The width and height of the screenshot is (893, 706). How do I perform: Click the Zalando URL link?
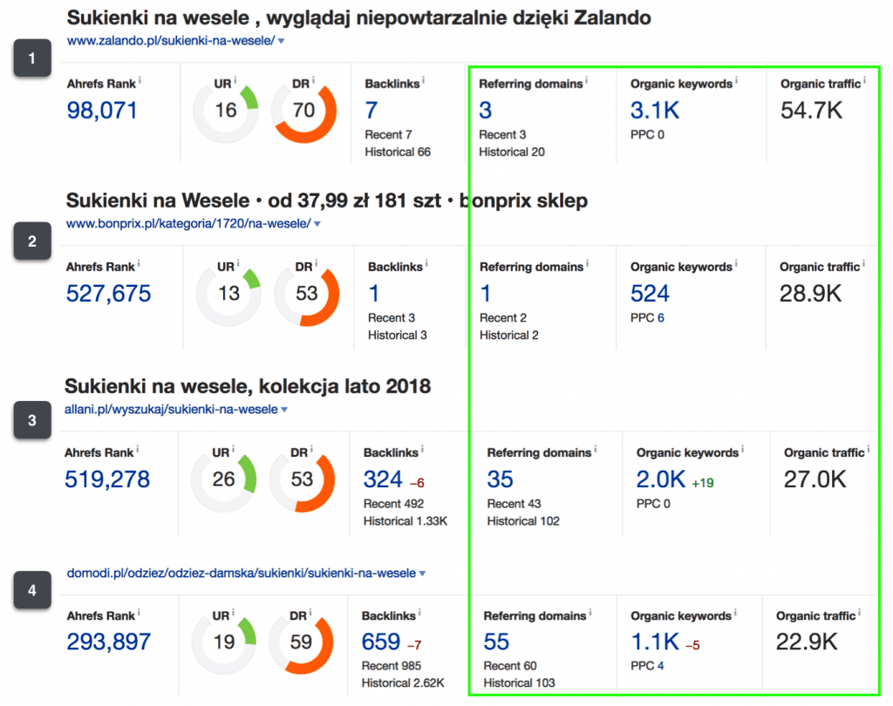[171, 41]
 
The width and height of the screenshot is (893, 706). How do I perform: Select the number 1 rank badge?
[32, 59]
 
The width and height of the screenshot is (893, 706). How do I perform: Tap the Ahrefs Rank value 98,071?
[102, 110]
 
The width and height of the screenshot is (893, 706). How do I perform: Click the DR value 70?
[304, 111]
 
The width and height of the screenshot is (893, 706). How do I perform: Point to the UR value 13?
[228, 294]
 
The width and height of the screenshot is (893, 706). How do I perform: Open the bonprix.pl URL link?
[188, 224]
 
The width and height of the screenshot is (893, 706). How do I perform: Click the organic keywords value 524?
[650, 293]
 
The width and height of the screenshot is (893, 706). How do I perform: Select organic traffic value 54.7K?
[813, 110]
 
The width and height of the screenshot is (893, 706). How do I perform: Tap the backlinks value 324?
[382, 479]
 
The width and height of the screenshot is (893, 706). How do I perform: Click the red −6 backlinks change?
[417, 481]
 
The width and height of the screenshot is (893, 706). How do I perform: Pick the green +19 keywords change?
[704, 481]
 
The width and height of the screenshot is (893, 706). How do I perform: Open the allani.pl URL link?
[171, 409]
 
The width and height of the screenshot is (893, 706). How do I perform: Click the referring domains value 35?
[500, 479]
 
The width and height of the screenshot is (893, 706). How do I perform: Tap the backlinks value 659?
[380, 642]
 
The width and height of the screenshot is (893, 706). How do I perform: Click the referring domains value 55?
[496, 642]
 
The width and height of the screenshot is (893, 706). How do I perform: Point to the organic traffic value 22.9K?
[807, 642]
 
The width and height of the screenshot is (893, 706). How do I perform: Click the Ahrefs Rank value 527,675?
[108, 293]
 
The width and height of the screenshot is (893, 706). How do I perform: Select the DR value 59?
[302, 643]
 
